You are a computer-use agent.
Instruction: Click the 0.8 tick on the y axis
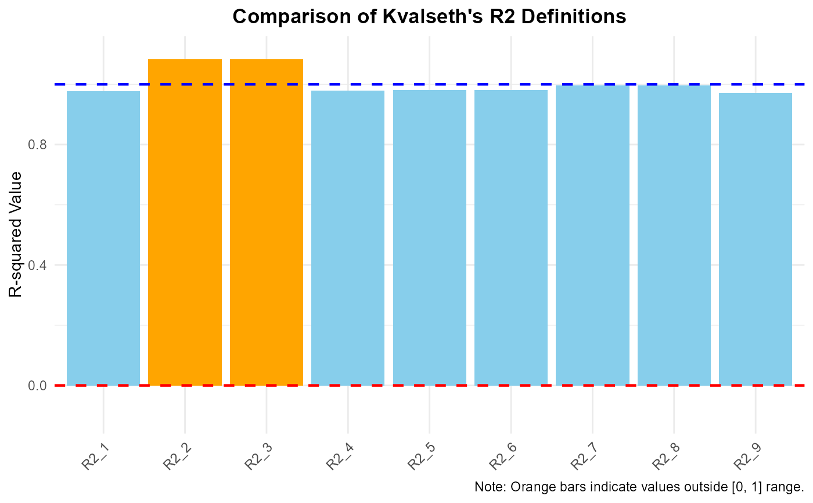37,145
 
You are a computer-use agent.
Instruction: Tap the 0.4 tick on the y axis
37,265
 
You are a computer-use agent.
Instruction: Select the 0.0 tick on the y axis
37,386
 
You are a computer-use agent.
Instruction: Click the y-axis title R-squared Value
16,234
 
